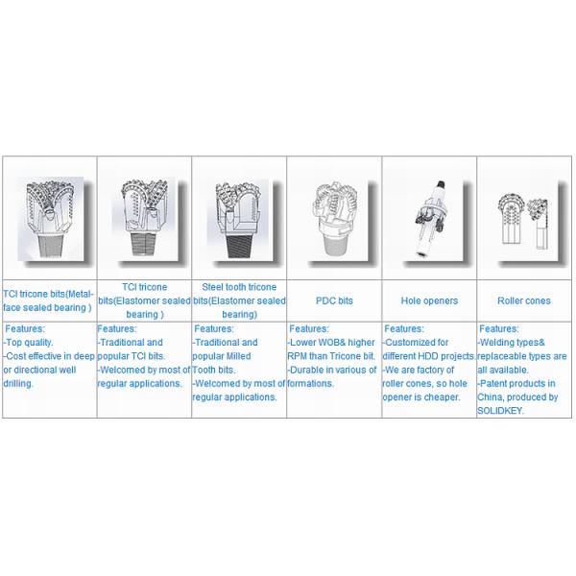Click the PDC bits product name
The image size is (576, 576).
point(334,300)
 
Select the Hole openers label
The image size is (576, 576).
point(429,300)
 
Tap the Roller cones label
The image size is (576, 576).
point(524,300)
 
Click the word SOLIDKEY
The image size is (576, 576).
point(499,411)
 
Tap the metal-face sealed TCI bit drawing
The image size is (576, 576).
point(50,219)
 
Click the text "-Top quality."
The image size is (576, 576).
point(28,343)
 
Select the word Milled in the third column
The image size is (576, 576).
point(239,356)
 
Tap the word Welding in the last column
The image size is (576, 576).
point(495,343)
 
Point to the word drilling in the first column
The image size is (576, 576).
point(18,383)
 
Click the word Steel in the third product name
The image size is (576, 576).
point(212,287)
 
